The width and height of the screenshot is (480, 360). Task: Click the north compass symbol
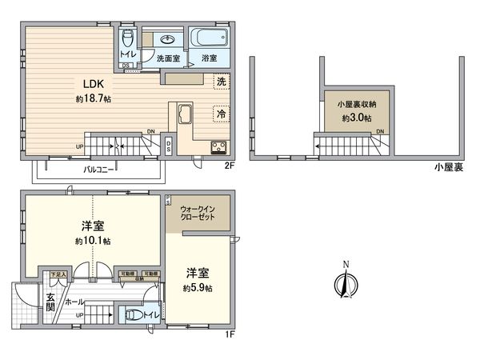click(346, 282)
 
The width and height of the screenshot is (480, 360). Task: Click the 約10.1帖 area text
click(93, 241)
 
